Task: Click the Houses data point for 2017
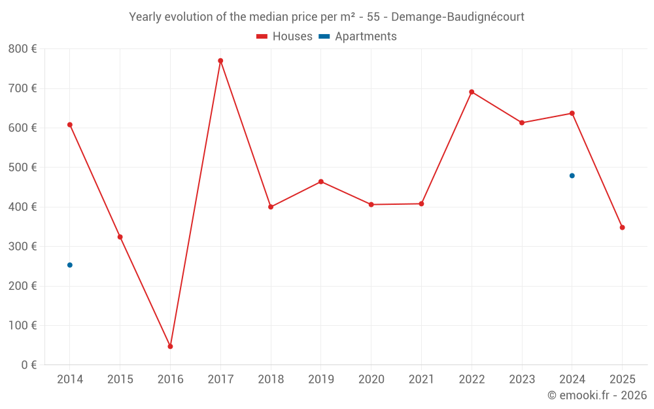click(220, 61)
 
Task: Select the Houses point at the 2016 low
click(170, 346)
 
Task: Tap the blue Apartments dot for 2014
click(70, 265)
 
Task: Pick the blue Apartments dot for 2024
click(572, 175)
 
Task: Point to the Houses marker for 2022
click(472, 92)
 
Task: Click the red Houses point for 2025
click(623, 228)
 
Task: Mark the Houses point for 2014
click(70, 124)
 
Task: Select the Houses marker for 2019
click(321, 181)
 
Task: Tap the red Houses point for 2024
click(572, 113)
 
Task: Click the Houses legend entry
click(284, 37)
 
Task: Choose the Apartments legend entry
click(358, 37)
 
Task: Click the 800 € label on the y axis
click(22, 49)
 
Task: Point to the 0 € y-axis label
click(29, 365)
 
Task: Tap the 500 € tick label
click(22, 168)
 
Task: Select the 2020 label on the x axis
click(371, 380)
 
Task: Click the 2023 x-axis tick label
click(522, 380)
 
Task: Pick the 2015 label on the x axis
click(120, 380)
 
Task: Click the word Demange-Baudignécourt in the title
click(458, 17)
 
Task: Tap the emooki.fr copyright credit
click(597, 395)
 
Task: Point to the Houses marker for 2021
click(421, 204)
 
